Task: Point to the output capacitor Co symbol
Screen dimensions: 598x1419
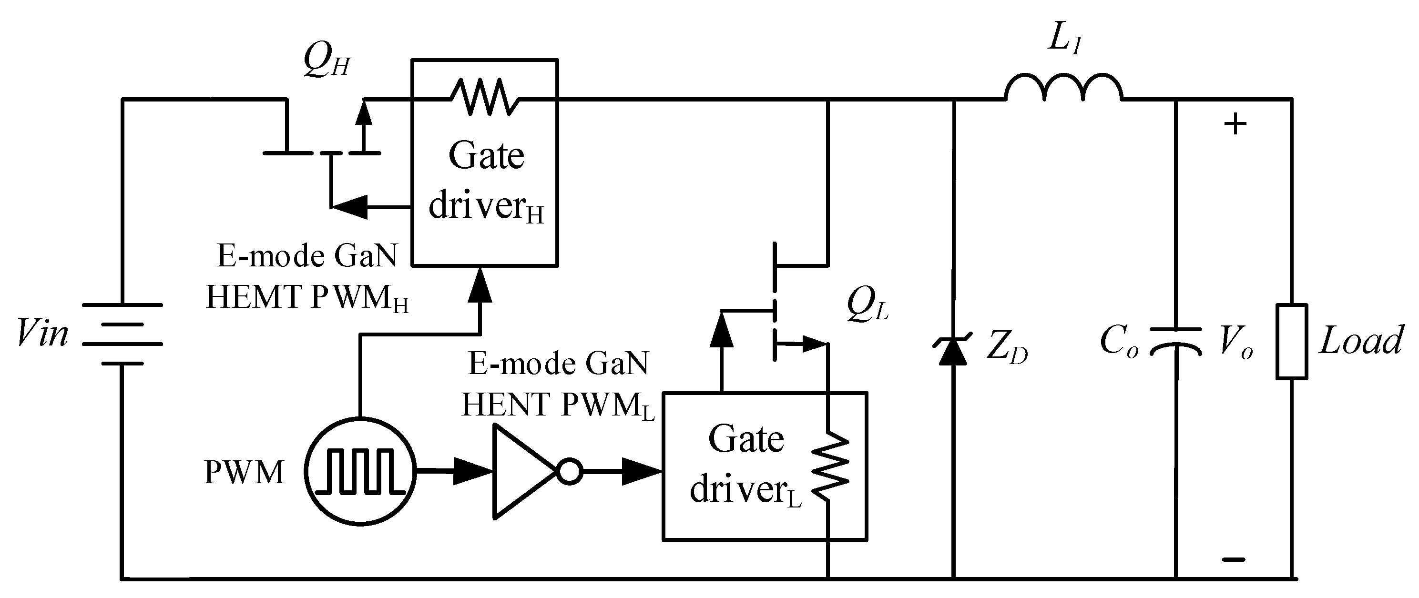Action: [1175, 341]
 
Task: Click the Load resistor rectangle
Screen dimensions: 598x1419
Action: [1292, 341]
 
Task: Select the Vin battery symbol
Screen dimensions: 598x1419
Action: [123, 334]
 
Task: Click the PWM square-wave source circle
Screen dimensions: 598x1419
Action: [360, 472]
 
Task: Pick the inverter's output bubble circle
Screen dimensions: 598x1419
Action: [569, 472]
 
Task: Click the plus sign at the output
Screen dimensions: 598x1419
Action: [1235, 124]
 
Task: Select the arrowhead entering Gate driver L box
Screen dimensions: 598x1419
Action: [642, 472]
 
